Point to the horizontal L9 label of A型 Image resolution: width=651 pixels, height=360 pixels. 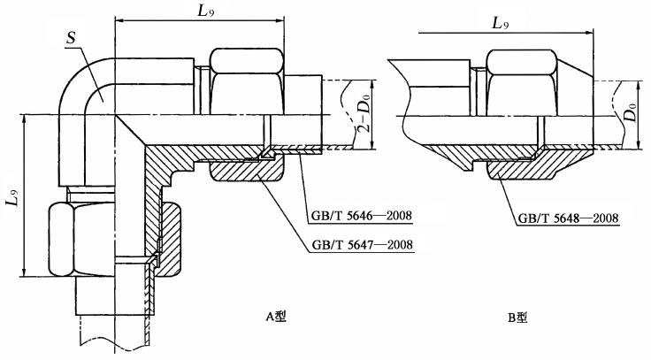[x=209, y=11]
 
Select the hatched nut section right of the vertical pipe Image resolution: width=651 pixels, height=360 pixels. [x=168, y=234]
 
